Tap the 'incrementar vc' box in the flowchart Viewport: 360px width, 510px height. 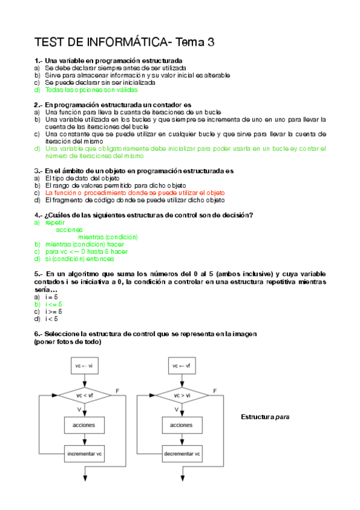click(x=85, y=453)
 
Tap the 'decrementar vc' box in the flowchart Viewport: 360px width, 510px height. click(x=182, y=453)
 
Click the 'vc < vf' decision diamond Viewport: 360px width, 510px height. click(x=85, y=395)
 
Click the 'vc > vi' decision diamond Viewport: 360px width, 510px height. click(x=182, y=395)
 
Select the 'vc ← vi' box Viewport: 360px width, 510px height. click(x=85, y=365)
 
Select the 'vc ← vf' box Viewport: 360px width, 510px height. click(x=182, y=365)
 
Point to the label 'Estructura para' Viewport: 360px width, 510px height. click(x=265, y=417)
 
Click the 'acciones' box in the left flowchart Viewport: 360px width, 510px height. click(x=85, y=425)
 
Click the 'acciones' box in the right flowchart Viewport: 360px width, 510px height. click(x=182, y=425)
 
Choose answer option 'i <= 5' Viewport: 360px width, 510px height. click(x=53, y=304)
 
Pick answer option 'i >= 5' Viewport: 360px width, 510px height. click(x=53, y=312)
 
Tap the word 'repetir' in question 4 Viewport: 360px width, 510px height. click(x=55, y=223)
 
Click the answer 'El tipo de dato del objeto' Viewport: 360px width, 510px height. click(x=82, y=179)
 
